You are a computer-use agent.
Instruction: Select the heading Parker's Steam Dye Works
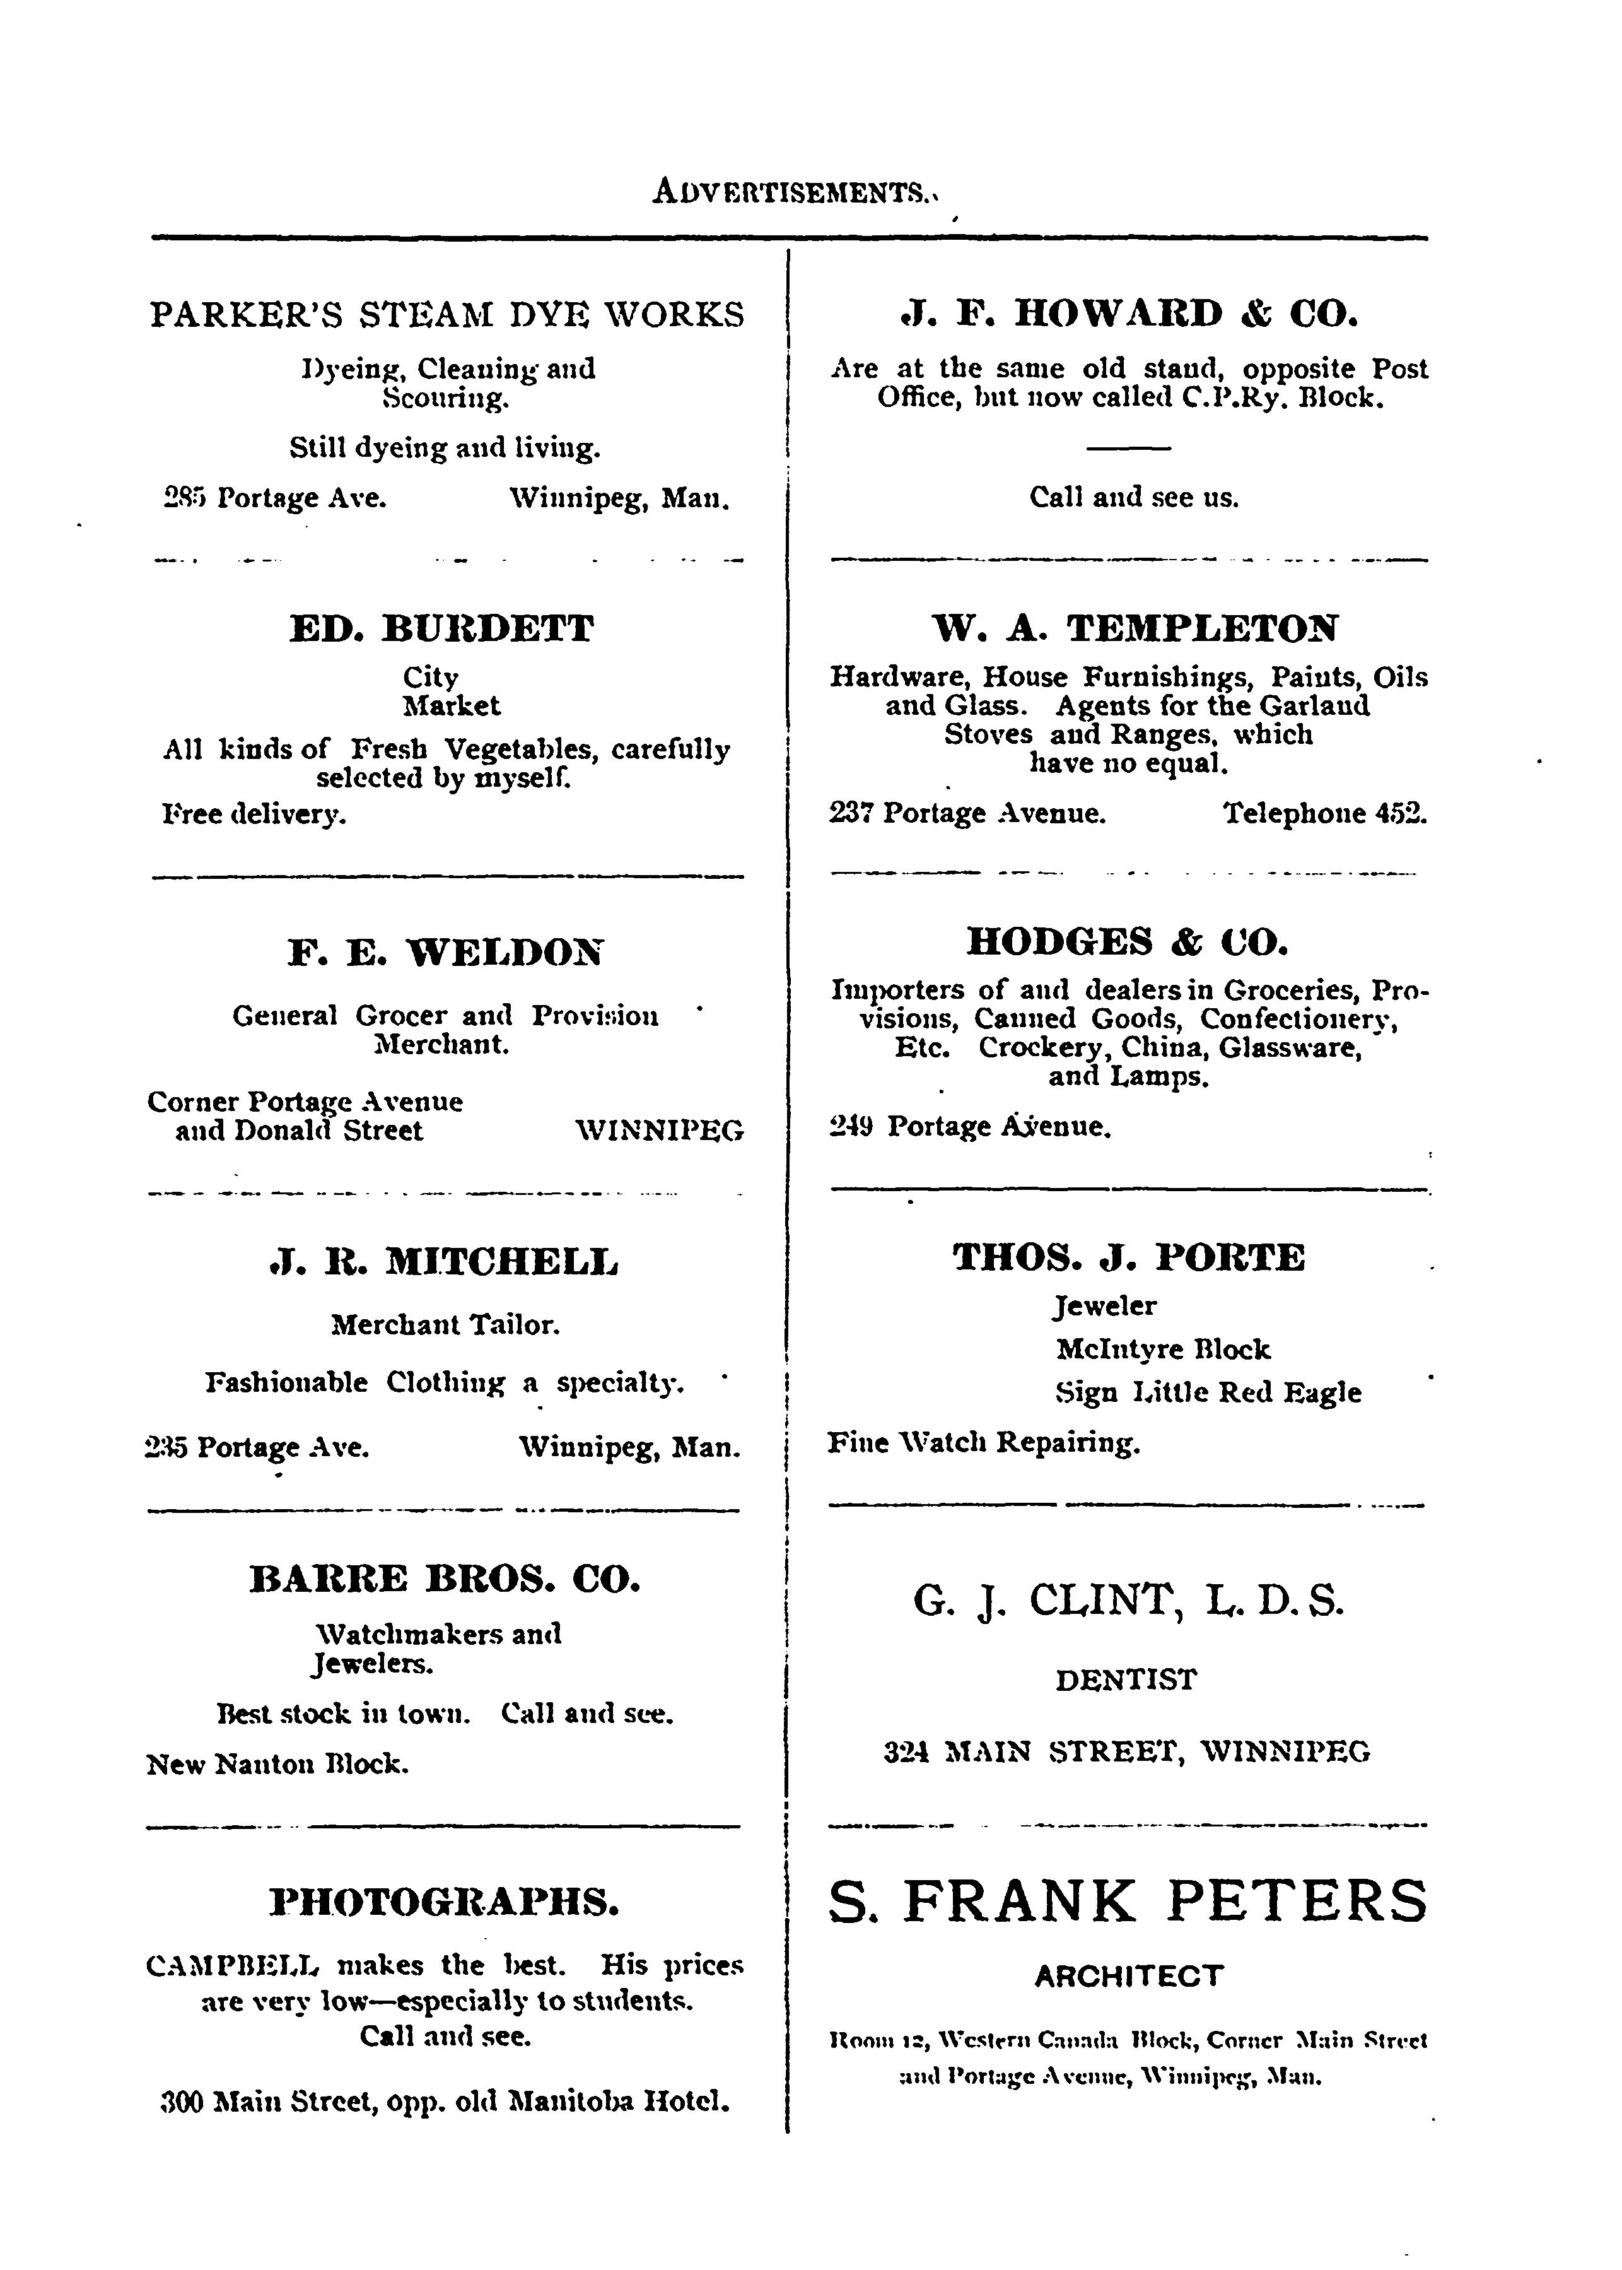point(446,315)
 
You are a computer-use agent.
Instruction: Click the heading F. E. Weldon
point(445,952)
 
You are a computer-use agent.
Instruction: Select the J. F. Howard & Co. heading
point(1129,314)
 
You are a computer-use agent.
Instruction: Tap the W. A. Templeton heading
point(1134,628)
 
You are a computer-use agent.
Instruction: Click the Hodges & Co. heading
point(1129,941)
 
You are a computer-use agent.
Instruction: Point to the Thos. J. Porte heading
point(1129,1257)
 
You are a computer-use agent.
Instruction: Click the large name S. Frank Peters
point(1129,1902)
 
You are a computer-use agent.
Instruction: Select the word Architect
point(1129,1975)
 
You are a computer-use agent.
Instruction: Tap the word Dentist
point(1126,1679)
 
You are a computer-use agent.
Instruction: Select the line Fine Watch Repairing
point(984,1443)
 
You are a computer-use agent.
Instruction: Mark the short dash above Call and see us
point(1129,447)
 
